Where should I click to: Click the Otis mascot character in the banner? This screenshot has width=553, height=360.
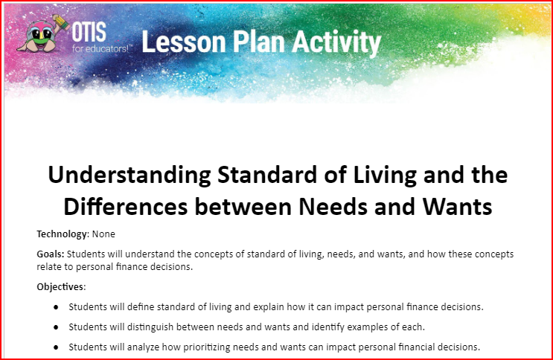tap(42, 33)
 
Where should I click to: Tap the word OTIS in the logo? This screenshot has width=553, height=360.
tap(89, 32)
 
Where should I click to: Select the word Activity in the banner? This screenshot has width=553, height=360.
tap(336, 43)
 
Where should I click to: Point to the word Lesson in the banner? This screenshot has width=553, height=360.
tap(184, 42)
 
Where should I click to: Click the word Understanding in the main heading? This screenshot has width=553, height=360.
tap(130, 176)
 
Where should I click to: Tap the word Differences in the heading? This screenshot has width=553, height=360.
tap(125, 207)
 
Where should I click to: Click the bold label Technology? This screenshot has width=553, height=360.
tap(62, 234)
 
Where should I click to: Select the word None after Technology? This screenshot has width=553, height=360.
tap(103, 234)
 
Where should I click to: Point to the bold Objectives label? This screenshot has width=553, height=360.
tap(61, 286)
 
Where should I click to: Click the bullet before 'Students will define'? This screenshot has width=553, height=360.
tap(56, 307)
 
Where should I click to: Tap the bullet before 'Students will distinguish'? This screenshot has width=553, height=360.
tap(56, 327)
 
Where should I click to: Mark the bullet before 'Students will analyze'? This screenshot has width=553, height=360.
tap(56, 347)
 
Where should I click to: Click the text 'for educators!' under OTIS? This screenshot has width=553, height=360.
tap(100, 48)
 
